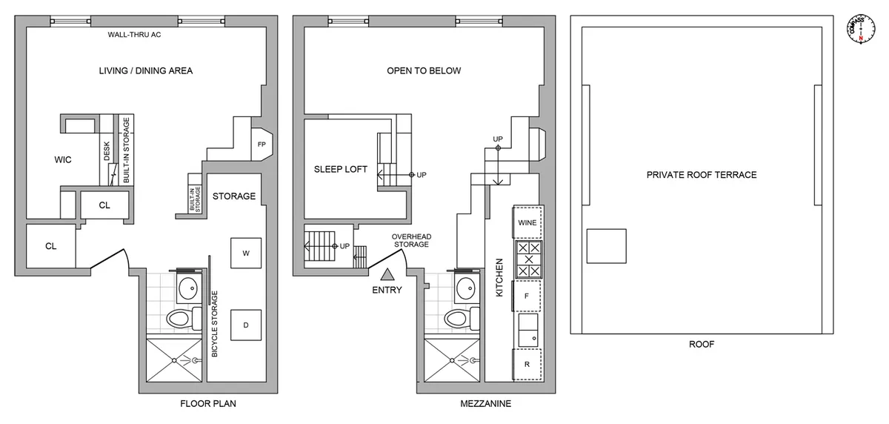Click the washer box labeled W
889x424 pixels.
click(245, 254)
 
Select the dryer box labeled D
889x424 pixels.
click(245, 325)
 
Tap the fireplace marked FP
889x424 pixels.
click(262, 144)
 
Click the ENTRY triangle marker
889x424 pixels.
click(386, 275)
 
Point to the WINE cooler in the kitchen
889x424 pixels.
click(527, 222)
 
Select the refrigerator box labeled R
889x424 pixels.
click(527, 364)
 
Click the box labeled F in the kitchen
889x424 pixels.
click(527, 295)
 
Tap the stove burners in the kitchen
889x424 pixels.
click(528, 260)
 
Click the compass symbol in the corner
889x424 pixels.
click(860, 27)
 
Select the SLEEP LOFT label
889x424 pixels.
click(341, 170)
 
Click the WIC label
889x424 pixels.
click(63, 160)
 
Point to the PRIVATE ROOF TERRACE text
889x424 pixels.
click(701, 175)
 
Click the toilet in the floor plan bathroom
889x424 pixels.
click(181, 319)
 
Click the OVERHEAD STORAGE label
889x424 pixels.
click(411, 242)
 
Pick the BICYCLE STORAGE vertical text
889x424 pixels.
click(215, 324)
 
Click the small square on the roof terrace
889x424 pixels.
click(606, 246)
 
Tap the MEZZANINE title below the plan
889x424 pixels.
click(485, 405)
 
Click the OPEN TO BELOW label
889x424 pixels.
click(424, 71)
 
